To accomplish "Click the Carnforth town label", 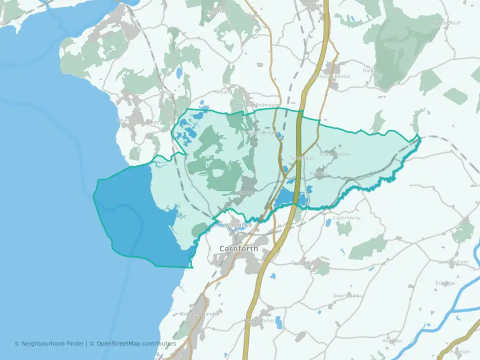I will click(x=238, y=248).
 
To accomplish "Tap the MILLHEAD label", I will click(x=238, y=225).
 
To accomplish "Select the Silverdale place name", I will click(x=128, y=120).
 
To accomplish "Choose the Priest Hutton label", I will click(x=334, y=154).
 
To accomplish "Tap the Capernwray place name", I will click(x=347, y=218).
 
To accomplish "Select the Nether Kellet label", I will click(x=258, y=320).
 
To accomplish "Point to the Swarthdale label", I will click(x=346, y=295).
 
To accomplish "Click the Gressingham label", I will click(x=453, y=262).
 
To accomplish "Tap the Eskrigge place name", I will click(x=445, y=283).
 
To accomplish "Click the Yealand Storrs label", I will click(x=230, y=92).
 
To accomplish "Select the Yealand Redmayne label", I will click(x=258, y=104).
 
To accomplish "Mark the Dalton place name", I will click(x=370, y=71).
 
